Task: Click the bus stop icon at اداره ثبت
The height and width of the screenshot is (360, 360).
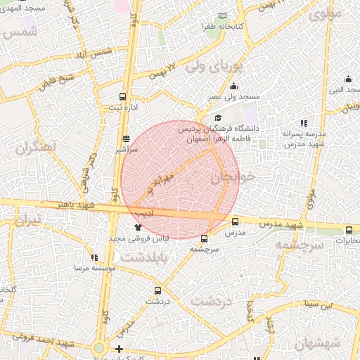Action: [124, 96]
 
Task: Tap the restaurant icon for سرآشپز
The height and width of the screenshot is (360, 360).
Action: [126, 139]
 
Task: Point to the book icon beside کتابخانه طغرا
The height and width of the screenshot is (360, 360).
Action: [223, 15]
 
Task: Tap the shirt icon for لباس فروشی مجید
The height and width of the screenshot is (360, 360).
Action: [138, 227]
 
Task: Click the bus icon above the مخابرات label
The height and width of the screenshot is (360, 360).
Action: [349, 230]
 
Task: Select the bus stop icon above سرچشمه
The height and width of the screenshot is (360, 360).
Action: [205, 238]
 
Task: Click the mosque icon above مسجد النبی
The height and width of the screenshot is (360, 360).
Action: [349, 79]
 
